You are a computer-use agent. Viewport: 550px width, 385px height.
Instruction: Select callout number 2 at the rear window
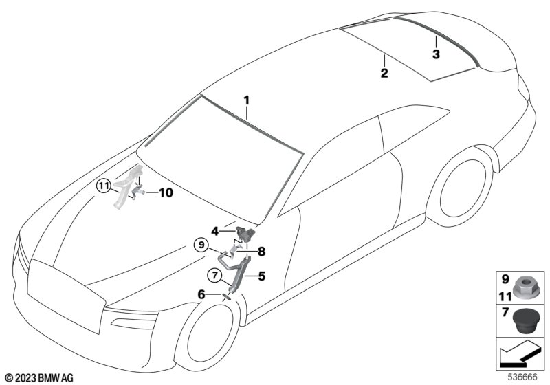(384, 72)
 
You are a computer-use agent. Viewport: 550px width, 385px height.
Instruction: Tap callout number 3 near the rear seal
(435, 54)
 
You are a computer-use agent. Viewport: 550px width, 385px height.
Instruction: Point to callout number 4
(215, 232)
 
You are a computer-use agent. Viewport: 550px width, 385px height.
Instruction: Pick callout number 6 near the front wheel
(201, 294)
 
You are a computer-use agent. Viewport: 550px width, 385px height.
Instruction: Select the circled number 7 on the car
(215, 276)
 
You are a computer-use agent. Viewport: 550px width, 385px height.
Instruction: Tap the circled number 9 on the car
(201, 243)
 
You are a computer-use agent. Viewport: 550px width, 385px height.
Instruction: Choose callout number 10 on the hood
(166, 193)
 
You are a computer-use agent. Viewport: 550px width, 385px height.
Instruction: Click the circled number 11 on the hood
(103, 185)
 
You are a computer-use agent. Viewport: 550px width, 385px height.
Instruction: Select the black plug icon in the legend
(526, 320)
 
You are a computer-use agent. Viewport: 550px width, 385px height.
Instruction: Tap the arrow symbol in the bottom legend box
(517, 357)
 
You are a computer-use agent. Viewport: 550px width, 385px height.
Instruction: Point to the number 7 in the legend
(504, 313)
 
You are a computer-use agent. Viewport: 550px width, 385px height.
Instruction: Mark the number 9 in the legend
(504, 280)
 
